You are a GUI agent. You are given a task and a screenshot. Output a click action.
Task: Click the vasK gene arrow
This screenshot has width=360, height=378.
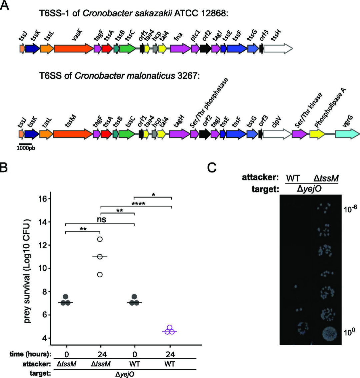click(x=73, y=48)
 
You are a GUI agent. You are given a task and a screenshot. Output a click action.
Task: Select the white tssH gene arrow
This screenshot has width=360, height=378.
click(x=278, y=48)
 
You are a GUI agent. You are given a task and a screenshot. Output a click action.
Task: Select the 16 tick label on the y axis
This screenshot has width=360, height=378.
click(x=43, y=199)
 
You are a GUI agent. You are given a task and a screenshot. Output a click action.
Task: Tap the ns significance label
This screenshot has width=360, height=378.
click(x=102, y=220)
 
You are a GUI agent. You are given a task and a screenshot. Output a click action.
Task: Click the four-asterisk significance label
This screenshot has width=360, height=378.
click(x=138, y=204)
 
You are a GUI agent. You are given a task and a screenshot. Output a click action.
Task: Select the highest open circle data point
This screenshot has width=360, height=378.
click(x=100, y=239)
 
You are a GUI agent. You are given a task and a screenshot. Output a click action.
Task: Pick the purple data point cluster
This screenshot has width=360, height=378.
click(x=170, y=330)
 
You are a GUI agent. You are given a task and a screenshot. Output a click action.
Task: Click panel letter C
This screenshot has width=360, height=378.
click(x=212, y=167)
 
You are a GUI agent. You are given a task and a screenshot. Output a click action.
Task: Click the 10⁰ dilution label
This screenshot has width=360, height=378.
click(x=349, y=332)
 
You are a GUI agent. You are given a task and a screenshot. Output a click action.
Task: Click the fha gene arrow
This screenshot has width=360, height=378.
click(x=180, y=48)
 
